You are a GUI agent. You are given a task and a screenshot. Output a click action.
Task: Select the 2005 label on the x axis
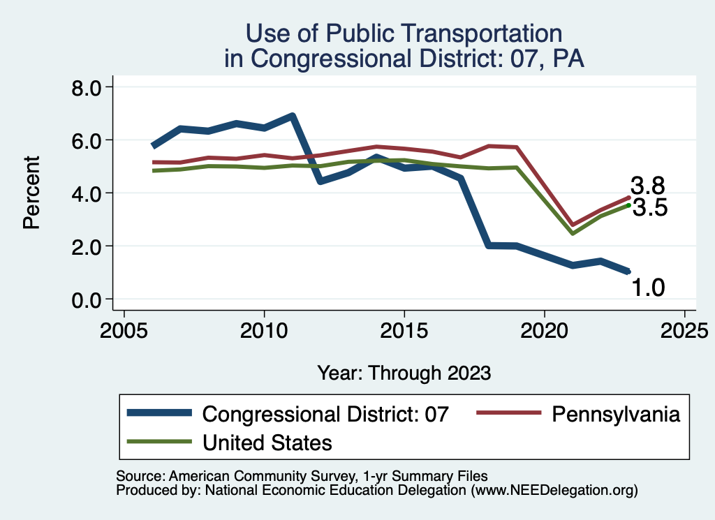tap(124, 329)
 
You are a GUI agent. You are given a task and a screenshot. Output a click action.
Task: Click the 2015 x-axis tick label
tap(404, 329)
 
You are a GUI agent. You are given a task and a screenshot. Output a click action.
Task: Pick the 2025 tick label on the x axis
tap(684, 329)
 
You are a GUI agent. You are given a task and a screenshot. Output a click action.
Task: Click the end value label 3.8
tap(647, 186)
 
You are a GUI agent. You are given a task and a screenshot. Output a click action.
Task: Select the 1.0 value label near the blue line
tap(649, 287)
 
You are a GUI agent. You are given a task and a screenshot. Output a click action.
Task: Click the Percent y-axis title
tap(31, 193)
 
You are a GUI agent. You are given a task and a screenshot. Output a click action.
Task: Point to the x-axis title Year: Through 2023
tap(404, 373)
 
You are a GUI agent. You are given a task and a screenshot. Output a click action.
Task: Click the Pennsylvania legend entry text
tap(615, 414)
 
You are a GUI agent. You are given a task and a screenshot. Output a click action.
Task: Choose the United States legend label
tap(267, 443)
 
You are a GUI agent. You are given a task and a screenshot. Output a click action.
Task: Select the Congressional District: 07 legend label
tap(325, 414)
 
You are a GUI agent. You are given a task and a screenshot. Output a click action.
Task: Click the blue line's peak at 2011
tap(292, 116)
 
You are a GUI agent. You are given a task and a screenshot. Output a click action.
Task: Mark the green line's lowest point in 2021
tap(573, 232)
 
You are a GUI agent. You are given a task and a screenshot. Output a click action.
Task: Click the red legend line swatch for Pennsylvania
tap(508, 414)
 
